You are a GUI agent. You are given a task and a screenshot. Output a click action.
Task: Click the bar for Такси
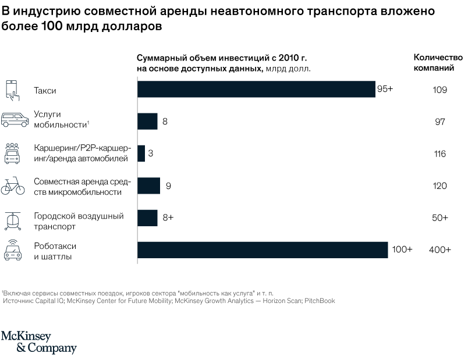click(256, 90)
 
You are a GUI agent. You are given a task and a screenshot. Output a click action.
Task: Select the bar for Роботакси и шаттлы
click(263, 249)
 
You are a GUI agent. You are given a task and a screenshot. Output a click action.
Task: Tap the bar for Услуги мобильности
click(147, 122)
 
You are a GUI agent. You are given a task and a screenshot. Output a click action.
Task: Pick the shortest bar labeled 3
click(141, 154)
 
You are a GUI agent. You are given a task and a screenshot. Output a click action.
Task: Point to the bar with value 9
click(148, 186)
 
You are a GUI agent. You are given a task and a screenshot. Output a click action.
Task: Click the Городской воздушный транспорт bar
click(147, 218)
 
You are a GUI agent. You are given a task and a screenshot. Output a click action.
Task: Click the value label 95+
click(385, 90)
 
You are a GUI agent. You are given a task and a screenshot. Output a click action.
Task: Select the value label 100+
click(402, 249)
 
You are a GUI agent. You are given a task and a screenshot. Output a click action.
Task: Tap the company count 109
click(439, 90)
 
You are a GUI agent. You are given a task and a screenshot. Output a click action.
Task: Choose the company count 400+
click(439, 249)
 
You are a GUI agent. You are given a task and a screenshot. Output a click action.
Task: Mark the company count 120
click(439, 186)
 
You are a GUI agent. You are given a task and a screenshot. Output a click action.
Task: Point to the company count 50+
click(439, 218)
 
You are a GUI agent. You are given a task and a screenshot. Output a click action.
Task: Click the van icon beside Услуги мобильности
click(15, 120)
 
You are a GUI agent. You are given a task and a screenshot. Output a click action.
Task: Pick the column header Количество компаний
click(438, 62)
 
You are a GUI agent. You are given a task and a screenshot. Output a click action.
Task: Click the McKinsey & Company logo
click(38, 343)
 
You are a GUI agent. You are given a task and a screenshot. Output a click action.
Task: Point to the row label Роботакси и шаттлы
click(54, 249)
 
